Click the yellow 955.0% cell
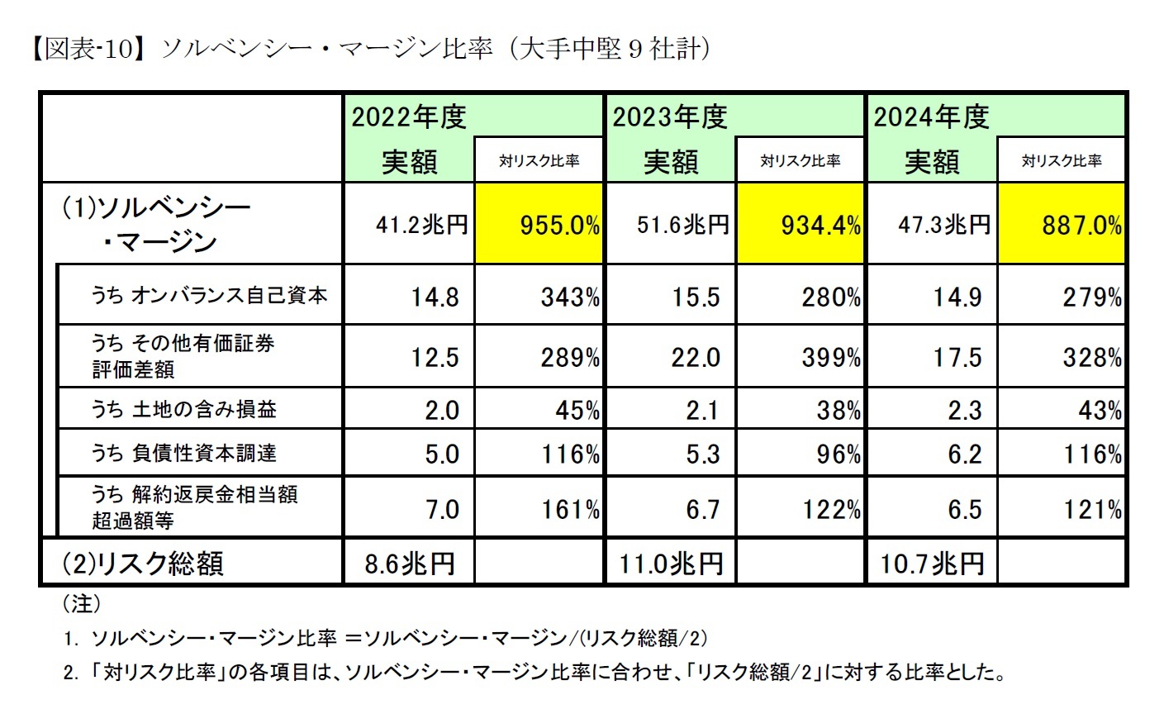point(539,225)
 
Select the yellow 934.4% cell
point(800,225)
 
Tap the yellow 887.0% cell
point(1062,225)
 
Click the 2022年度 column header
point(410,117)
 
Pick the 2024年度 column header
point(932,117)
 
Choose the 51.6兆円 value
point(670,225)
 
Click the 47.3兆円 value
point(932,225)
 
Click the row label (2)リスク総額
point(143,563)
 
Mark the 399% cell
point(831,358)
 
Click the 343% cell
point(570,297)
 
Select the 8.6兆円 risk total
point(410,564)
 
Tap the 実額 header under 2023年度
point(671,161)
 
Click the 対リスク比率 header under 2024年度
point(1062,161)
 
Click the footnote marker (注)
point(81,604)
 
